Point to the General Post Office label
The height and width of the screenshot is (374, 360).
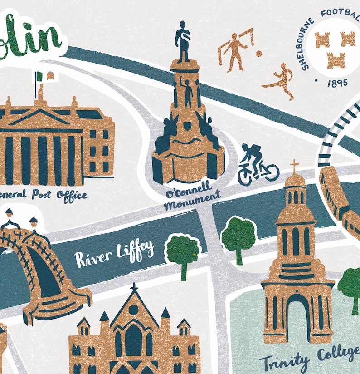pyautogui.click(x=44, y=195)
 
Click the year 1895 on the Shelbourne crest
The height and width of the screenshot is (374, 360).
pyautogui.click(x=337, y=83)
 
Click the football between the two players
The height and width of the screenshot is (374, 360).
pyautogui.click(x=258, y=54)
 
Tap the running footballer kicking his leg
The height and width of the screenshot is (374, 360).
pyautogui.click(x=280, y=81)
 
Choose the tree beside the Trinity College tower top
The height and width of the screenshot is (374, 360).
pyautogui.click(x=238, y=236)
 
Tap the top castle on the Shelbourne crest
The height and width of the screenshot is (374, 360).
pyautogui.click(x=336, y=40)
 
